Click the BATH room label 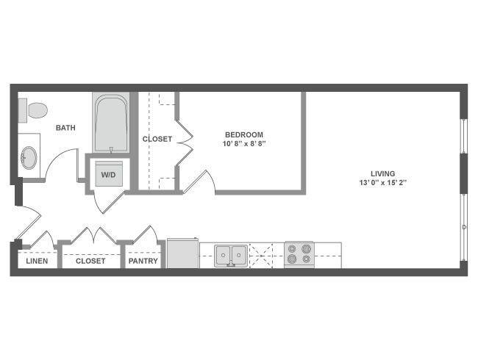(65, 128)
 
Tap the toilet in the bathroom (34, 110)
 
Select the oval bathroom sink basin (29, 157)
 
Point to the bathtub (110, 123)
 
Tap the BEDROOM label (244, 134)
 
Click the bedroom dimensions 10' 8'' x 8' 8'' (244, 143)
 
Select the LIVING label (383, 173)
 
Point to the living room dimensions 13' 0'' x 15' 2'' (383, 183)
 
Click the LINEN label (37, 261)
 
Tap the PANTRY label (143, 261)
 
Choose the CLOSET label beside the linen (90, 261)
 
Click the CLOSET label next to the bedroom (157, 139)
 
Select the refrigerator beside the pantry (182, 253)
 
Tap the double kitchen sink (231, 256)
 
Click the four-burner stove (299, 255)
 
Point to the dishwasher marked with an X (261, 256)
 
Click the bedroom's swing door (200, 181)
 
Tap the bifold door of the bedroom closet (185, 143)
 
